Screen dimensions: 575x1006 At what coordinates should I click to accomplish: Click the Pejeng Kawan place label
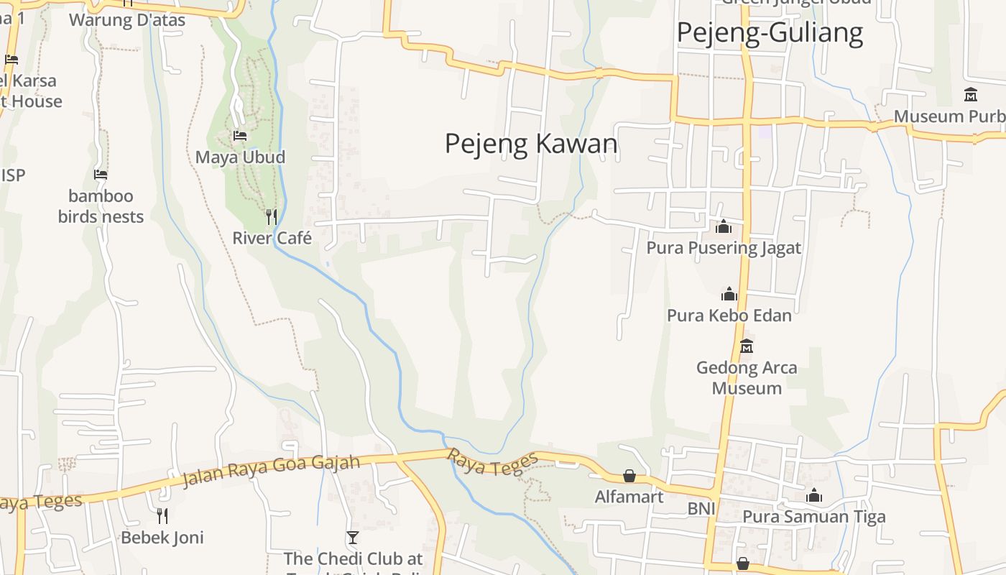point(531,144)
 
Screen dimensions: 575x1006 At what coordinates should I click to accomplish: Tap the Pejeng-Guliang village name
point(770,33)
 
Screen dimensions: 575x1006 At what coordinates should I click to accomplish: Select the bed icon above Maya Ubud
point(240,135)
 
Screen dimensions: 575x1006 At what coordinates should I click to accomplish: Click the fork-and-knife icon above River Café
point(272,216)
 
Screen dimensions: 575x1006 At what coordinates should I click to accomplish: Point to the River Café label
point(272,238)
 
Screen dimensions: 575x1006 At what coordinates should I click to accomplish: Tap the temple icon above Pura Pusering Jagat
point(724,227)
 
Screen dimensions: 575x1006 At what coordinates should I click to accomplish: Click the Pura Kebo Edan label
point(729,316)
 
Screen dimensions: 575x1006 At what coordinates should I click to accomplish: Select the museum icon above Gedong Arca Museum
point(747,346)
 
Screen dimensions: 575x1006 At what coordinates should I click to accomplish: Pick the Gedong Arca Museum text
point(747,377)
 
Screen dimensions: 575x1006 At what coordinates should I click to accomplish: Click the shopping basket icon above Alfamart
point(629,476)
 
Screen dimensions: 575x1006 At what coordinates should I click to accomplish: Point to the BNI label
point(701,509)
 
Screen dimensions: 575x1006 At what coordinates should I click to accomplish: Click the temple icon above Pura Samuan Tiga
point(814,495)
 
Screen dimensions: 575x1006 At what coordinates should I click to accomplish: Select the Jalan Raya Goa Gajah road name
point(270,470)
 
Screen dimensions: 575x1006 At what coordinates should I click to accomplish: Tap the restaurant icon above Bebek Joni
point(162,515)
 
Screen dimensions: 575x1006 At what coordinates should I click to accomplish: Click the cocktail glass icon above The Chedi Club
point(352,538)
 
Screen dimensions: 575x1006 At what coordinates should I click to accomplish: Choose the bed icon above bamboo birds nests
point(101,174)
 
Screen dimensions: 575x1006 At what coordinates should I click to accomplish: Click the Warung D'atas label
point(127,20)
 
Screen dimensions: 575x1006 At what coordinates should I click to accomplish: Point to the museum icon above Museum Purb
point(971,94)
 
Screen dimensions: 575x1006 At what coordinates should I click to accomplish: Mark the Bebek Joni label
point(162,538)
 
